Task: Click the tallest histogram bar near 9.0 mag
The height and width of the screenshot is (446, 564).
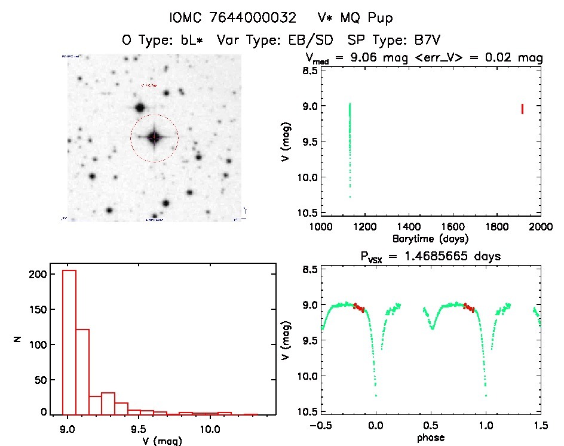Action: [69, 342]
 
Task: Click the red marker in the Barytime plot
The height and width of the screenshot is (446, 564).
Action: [522, 109]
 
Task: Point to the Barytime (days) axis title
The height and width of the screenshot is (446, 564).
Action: [430, 239]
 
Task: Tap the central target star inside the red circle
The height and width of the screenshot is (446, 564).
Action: [154, 137]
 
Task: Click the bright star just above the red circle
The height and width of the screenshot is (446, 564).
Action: [140, 108]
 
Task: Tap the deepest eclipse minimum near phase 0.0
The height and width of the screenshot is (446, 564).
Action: [376, 395]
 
